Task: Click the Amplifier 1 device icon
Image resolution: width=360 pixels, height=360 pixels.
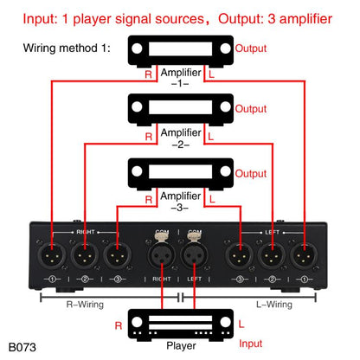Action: [180, 51]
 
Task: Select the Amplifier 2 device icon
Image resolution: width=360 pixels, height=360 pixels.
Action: [180, 110]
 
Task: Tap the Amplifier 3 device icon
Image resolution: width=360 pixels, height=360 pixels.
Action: [180, 170]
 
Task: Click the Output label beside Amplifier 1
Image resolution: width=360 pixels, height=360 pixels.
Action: [252, 49]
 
